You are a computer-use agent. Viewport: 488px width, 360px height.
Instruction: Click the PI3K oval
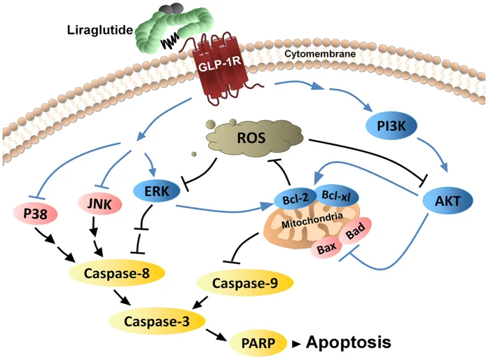pyautogui.click(x=391, y=126)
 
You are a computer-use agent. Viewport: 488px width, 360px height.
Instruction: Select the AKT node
pyautogui.click(x=447, y=201)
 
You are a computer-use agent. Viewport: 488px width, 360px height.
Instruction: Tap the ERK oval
pyautogui.click(x=157, y=191)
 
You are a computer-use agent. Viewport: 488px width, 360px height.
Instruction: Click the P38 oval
pyautogui.click(x=35, y=214)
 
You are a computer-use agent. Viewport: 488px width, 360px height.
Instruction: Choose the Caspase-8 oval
pyautogui.click(x=116, y=273)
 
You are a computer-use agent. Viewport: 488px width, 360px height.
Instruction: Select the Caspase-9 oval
pyautogui.click(x=245, y=283)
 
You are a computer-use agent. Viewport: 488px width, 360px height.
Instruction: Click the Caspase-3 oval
pyautogui.click(x=157, y=321)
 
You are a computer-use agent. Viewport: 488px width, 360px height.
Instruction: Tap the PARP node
pyautogui.click(x=258, y=343)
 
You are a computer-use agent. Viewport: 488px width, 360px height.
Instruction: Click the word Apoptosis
pyautogui.click(x=349, y=342)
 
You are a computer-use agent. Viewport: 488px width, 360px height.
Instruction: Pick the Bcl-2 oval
pyautogui.click(x=295, y=199)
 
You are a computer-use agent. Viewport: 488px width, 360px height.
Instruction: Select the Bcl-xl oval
pyautogui.click(x=337, y=196)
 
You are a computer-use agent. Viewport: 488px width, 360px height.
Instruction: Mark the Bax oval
pyautogui.click(x=327, y=247)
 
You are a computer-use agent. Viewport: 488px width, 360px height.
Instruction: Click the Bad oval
pyautogui.click(x=356, y=230)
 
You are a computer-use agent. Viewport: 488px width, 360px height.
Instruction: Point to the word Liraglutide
pyautogui.click(x=100, y=30)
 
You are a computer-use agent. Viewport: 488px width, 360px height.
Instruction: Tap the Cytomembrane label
pyautogui.click(x=320, y=54)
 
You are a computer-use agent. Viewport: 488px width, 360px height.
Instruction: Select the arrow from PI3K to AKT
pyautogui.click(x=433, y=154)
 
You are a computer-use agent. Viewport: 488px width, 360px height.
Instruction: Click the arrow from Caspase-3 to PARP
pyautogui.click(x=216, y=334)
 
